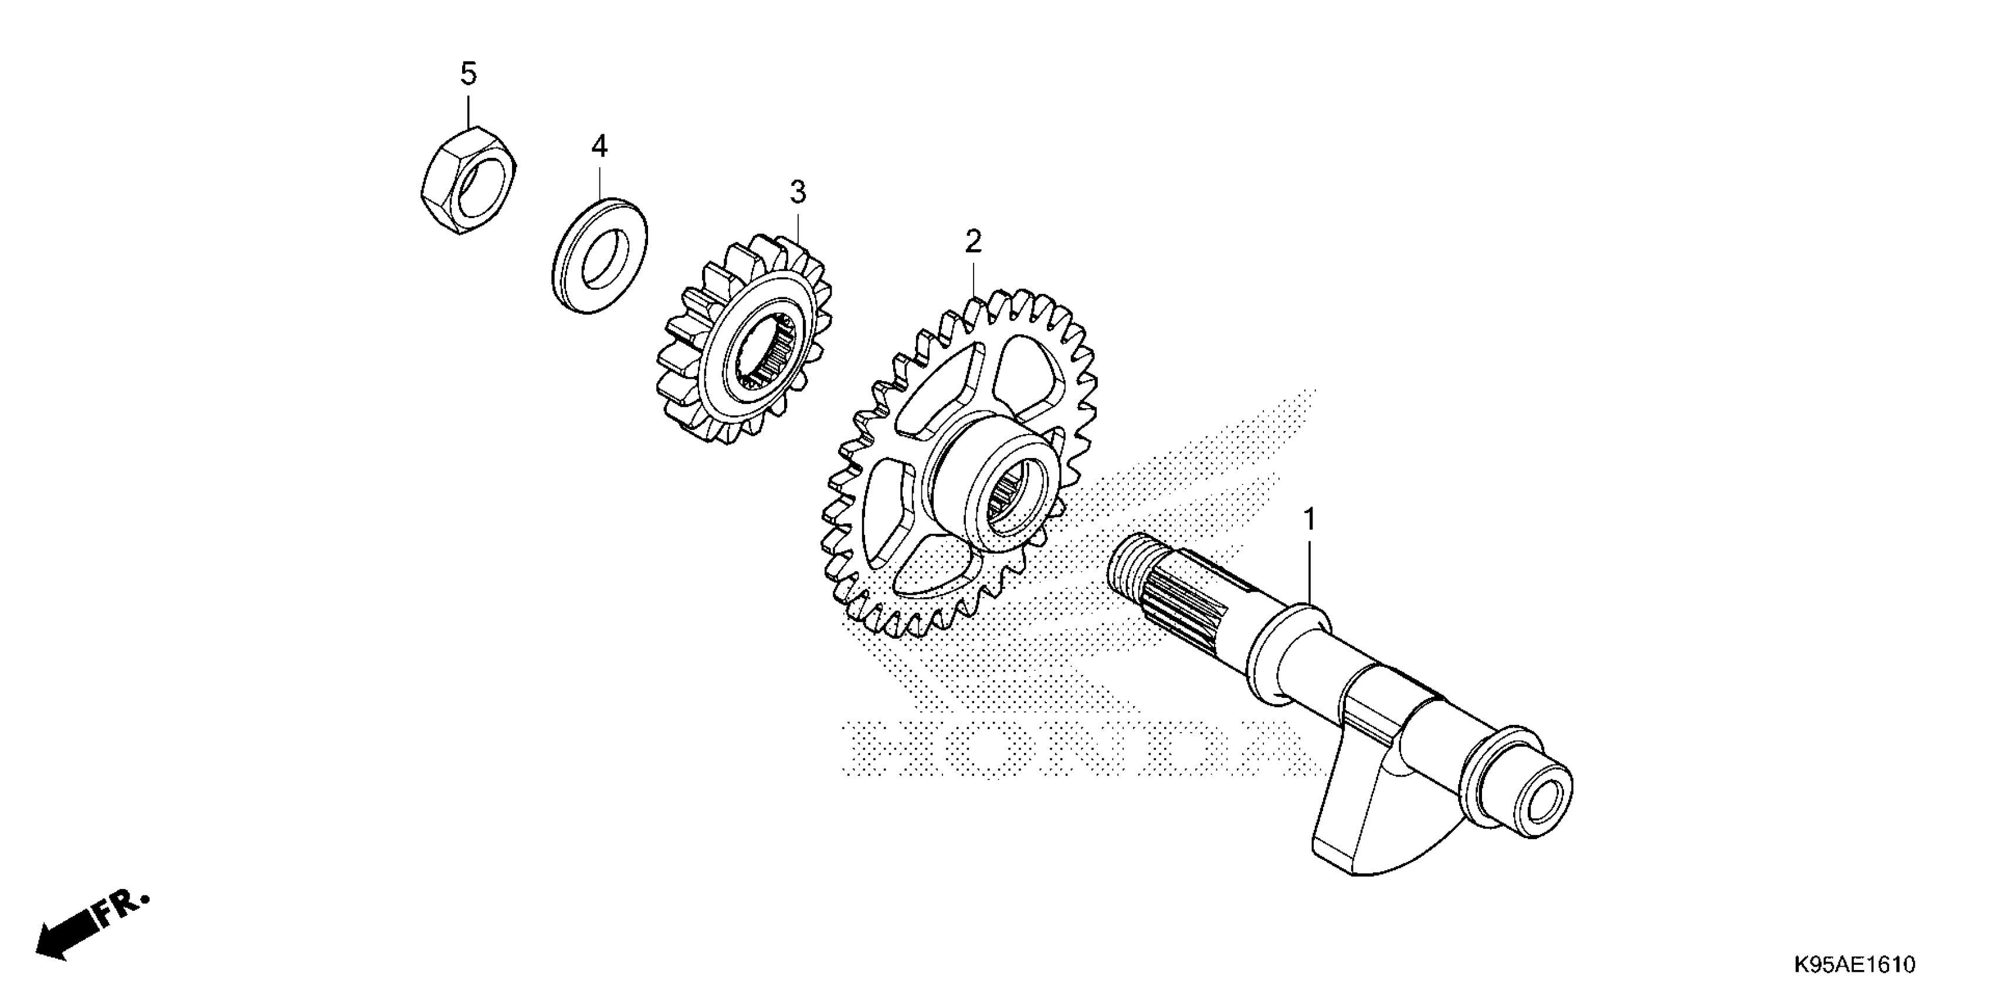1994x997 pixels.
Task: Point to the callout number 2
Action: [973, 242]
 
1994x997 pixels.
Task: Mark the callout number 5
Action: [469, 74]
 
